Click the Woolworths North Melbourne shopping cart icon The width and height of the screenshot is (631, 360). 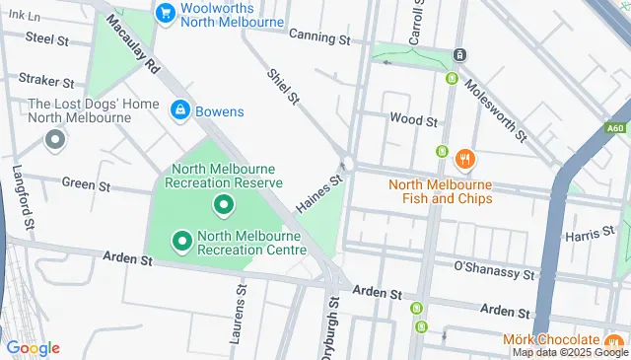pyautogui.click(x=165, y=14)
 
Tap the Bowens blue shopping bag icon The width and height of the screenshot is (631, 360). pyautogui.click(x=180, y=109)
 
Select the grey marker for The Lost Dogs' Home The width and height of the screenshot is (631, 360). pyautogui.click(x=54, y=140)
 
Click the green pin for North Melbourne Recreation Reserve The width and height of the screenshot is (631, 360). pyautogui.click(x=224, y=205)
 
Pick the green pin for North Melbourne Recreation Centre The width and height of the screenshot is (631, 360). pyautogui.click(x=181, y=239)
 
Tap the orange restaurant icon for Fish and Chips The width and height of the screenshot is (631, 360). pyautogui.click(x=464, y=158)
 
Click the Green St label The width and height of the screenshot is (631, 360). pyautogui.click(x=79, y=183)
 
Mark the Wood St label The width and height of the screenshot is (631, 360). pyautogui.click(x=413, y=119)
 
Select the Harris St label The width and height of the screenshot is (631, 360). pyautogui.click(x=590, y=237)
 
